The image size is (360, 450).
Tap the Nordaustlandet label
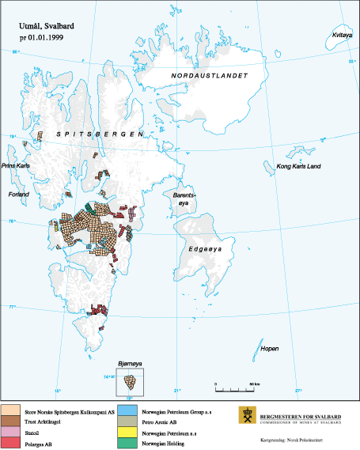(210, 75)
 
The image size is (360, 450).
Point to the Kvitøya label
(341, 35)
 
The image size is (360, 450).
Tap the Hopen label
(270, 348)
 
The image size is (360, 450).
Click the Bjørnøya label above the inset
(129, 363)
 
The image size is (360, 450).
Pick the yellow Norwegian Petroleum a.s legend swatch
(128, 432)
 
